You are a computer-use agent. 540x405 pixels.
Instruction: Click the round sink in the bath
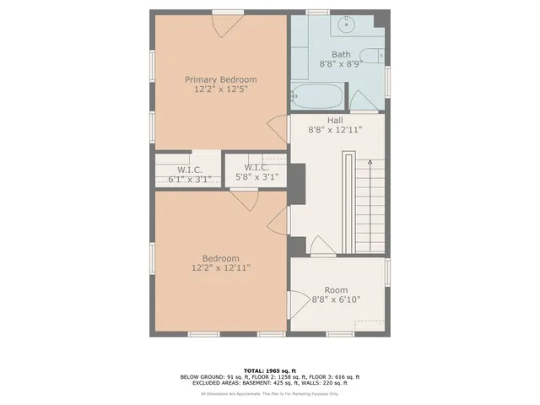347,25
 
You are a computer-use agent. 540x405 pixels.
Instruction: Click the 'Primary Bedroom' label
221,80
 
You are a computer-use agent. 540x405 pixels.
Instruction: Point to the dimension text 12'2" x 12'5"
221,89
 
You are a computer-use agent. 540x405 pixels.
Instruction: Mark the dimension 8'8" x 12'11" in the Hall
335,130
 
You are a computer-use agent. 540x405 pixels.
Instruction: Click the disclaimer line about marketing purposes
269,394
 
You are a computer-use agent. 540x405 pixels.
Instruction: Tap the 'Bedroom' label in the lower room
220,258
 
